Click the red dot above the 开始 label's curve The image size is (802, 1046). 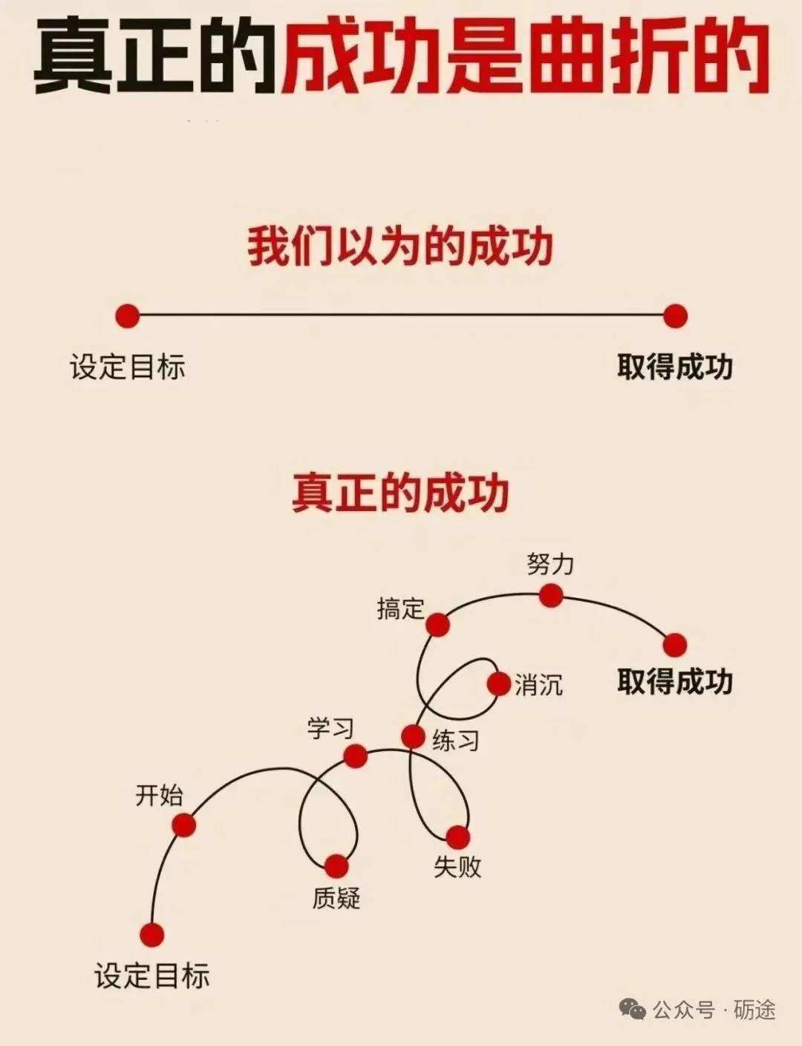(183, 825)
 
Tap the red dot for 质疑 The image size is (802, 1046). (336, 865)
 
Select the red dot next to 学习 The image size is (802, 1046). (356, 756)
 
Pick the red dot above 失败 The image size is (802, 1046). (457, 837)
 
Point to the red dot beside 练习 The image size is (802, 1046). (413, 737)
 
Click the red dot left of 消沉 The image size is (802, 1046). (499, 683)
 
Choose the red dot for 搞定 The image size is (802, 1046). (437, 625)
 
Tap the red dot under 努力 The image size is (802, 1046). (551, 595)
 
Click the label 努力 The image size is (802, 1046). (550, 564)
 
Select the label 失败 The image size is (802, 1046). (457, 866)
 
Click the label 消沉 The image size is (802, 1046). (539, 685)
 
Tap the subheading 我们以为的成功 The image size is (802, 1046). (400, 247)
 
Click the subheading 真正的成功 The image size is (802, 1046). (400, 493)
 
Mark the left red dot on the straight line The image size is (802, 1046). (128, 316)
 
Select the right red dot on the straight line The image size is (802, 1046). (675, 316)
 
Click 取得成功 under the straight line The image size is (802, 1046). (675, 367)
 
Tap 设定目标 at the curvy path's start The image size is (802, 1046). (152, 975)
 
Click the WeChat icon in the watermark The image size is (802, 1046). (633, 1010)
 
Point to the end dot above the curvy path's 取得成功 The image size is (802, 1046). (674, 645)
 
